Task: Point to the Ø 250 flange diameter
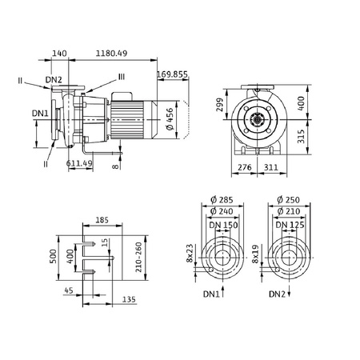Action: coord(290,200)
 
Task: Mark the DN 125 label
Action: coord(290,225)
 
